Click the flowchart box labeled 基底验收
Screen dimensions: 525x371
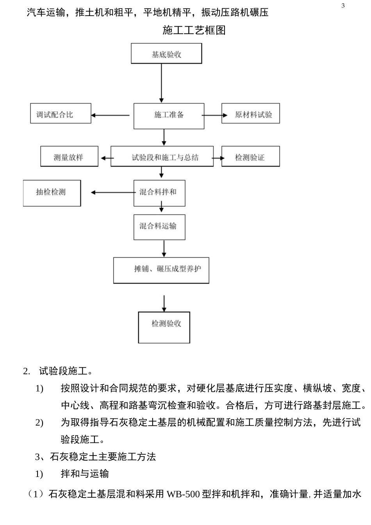coord(166,54)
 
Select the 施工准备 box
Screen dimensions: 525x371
coord(169,116)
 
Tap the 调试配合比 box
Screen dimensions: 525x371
coord(61,113)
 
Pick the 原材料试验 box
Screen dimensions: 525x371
coord(251,113)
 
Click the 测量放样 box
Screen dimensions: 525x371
coord(69,156)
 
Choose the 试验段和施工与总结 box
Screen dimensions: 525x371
coord(162,156)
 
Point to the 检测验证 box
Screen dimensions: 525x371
coord(251,156)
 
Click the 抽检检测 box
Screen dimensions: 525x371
coord(52,193)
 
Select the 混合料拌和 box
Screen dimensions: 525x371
coord(159,193)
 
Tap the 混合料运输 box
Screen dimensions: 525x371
coord(159,227)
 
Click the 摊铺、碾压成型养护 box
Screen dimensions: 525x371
coord(161,270)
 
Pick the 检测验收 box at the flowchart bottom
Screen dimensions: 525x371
coord(164,327)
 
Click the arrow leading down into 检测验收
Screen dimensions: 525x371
coord(164,304)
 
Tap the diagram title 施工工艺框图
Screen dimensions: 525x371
coord(194,30)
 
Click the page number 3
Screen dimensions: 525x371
coord(343,6)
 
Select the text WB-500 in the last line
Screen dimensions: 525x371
coord(183,495)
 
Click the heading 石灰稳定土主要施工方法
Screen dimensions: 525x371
coord(103,457)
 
